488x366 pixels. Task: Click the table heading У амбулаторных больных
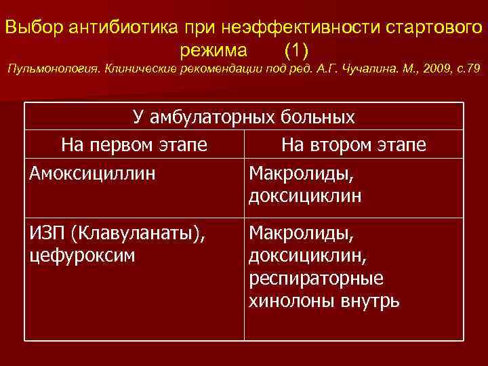(244, 118)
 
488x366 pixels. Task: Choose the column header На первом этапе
(134, 145)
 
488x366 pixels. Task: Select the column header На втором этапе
(354, 145)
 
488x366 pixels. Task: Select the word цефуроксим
(82, 256)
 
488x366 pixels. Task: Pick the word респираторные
(317, 279)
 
